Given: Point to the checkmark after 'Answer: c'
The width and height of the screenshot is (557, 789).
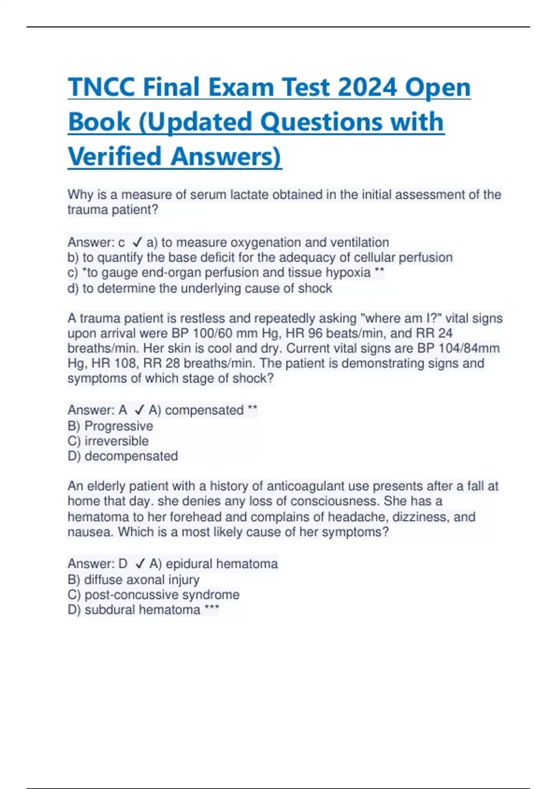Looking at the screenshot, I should click(x=137, y=242).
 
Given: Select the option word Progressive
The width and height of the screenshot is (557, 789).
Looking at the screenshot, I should click(x=118, y=426).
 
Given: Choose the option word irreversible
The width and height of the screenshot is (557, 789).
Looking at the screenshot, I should click(x=117, y=441).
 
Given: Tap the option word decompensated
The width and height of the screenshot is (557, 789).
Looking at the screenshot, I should click(x=131, y=456).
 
